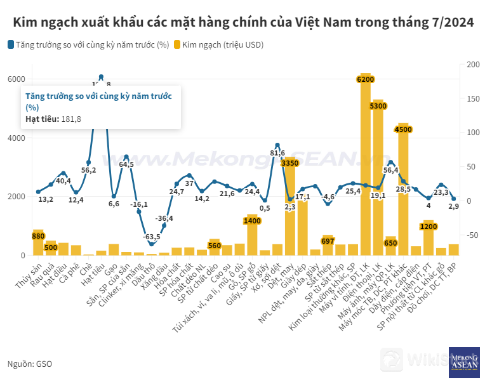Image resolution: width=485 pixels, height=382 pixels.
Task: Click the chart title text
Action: (242, 22)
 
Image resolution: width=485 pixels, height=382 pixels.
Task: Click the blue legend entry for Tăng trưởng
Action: (89, 45)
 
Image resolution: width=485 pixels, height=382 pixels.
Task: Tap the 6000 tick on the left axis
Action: (17, 79)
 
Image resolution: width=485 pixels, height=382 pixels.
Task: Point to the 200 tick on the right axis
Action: (473, 64)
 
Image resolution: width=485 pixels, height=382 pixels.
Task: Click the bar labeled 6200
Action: (365, 165)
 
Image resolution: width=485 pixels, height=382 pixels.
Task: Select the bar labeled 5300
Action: (378, 178)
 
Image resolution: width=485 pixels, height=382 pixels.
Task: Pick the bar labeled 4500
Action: (403, 190)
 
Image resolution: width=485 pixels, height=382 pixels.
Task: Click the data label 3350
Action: (289, 163)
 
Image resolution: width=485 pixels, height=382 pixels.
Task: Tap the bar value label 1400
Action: (252, 220)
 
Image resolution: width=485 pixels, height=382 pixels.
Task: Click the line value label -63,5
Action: (151, 237)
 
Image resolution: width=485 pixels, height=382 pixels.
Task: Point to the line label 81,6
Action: (277, 153)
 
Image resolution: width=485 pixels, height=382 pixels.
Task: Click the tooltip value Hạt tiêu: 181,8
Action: (53, 119)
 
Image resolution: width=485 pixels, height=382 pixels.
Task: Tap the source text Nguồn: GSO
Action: (30, 364)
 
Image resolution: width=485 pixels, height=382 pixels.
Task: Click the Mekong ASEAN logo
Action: (463, 362)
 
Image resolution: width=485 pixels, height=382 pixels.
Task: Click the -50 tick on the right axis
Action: (473, 235)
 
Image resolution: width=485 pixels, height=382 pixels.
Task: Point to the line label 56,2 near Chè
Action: (89, 170)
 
